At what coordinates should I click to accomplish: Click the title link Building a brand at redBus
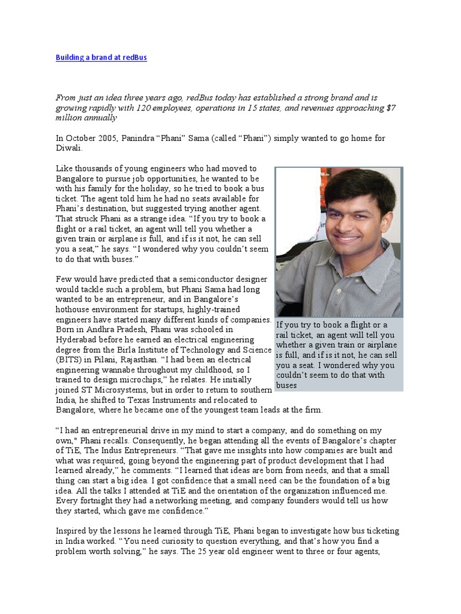(x=101, y=58)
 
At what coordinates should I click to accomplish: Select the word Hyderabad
(x=79, y=339)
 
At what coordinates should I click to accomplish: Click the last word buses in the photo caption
(x=286, y=385)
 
